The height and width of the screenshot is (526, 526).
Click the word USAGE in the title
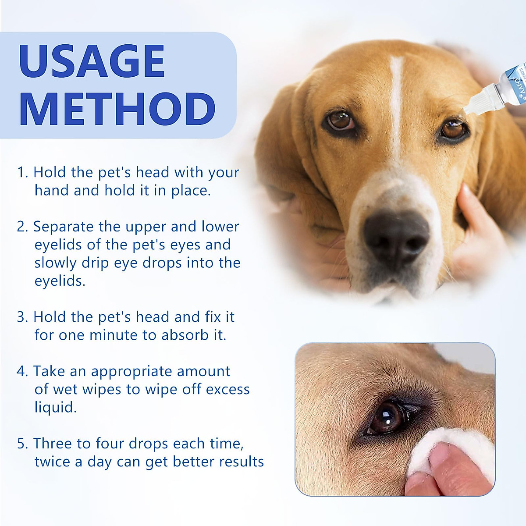pyautogui.click(x=92, y=61)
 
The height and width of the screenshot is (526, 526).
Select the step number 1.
pyautogui.click(x=22, y=172)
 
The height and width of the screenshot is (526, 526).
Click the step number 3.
pyautogui.click(x=22, y=317)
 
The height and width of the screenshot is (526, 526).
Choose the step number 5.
pyautogui.click(x=22, y=444)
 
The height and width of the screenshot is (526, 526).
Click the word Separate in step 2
pyautogui.click(x=64, y=227)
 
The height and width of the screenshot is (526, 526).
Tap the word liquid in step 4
pyautogui.click(x=55, y=408)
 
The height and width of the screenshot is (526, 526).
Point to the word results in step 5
pyautogui.click(x=242, y=462)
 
